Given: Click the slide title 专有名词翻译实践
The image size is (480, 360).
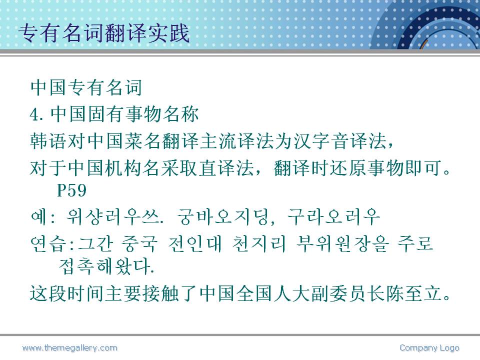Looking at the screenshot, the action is coord(104,33).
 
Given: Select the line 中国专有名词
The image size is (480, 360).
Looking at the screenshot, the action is coord(86,87).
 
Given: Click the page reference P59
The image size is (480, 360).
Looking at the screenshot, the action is coord(71,190).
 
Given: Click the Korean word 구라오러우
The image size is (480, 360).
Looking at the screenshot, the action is coord(333,217).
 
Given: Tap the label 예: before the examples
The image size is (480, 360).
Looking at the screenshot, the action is coord(42,217).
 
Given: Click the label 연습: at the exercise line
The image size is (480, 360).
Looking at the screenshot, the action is coord(52,244).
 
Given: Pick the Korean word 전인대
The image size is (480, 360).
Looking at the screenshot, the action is coord(195,244).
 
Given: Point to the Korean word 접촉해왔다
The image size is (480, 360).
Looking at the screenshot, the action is coord(106,266).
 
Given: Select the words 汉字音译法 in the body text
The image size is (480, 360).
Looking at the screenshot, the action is coord(340,141).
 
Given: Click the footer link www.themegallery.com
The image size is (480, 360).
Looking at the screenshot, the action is coord(70,348).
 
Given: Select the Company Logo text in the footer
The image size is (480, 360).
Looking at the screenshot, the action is coord(429,348).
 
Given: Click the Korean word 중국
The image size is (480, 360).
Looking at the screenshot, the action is coord(139,244).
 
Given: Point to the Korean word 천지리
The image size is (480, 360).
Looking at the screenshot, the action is coord(259,244).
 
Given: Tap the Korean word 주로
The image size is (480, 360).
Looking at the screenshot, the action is coord(415,244).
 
